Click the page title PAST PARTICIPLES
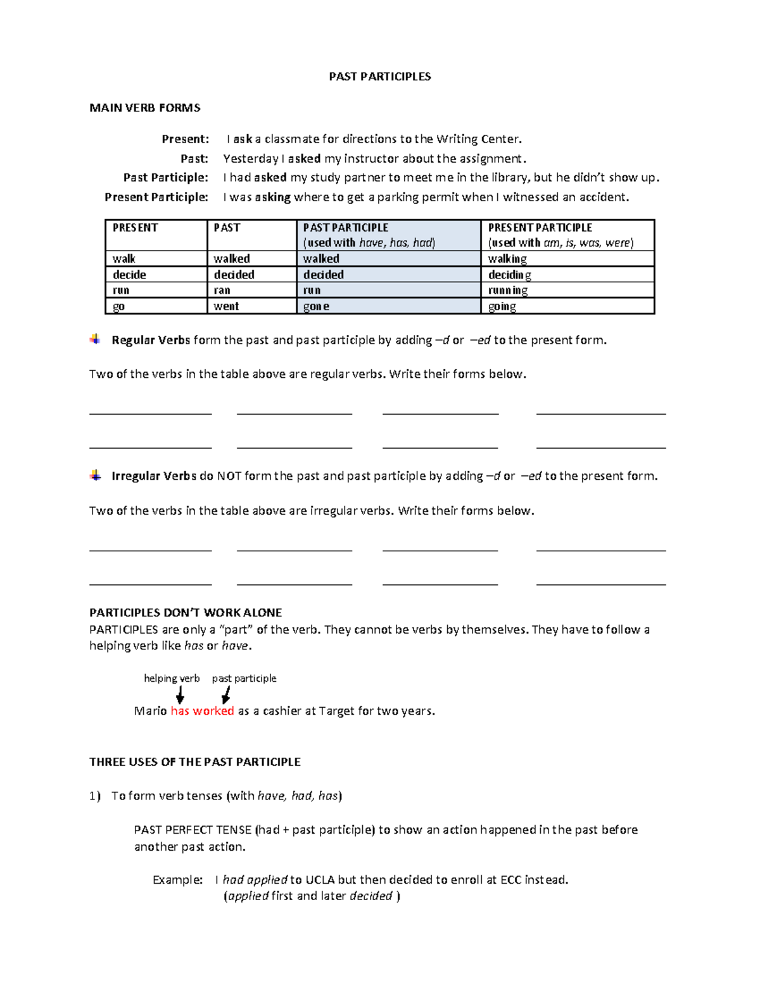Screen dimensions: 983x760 tap(380, 77)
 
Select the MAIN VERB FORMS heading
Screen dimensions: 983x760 tap(145, 108)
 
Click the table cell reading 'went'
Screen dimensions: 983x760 tap(226, 306)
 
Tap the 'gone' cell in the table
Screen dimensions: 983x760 tap(316, 306)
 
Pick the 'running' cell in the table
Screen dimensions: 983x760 tap(508, 291)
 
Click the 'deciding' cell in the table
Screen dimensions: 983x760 tap(510, 275)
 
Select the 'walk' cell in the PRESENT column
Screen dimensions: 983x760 tap(124, 259)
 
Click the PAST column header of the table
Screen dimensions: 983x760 tap(227, 228)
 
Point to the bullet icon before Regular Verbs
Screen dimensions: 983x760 tap(95, 339)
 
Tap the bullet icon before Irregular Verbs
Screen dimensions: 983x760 tap(95, 475)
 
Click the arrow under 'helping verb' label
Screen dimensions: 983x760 tap(180, 695)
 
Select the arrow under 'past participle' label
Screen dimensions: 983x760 tap(226, 695)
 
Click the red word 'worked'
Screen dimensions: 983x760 tap(213, 711)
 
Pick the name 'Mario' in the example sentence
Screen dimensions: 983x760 tap(151, 711)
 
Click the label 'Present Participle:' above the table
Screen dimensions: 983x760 tap(156, 197)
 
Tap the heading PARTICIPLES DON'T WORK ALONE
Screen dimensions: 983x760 tap(186, 613)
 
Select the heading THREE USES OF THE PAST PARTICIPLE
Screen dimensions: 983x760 tap(195, 762)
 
